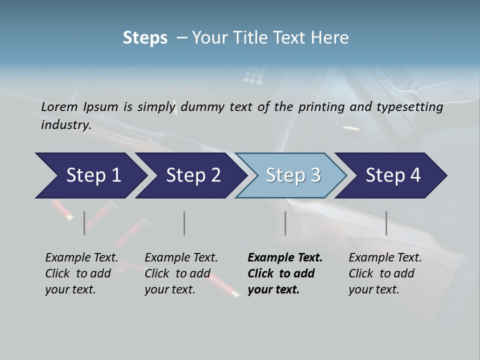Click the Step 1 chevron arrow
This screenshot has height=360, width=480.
coord(90,175)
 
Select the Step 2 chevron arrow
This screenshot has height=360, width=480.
coord(190,175)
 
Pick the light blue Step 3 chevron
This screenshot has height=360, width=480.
coord(290,175)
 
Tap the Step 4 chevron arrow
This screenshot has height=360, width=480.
coord(390,175)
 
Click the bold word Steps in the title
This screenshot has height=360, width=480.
coord(145,38)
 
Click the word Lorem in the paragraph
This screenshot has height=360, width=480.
coord(59,106)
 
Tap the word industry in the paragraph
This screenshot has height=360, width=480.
coord(66,124)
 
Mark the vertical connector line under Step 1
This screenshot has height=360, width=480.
coord(84,223)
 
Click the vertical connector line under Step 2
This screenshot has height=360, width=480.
coord(184,223)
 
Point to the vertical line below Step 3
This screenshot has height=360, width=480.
coord(285,223)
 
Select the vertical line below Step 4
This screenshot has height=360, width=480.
coord(386,223)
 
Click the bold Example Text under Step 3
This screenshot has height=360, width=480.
coord(285,258)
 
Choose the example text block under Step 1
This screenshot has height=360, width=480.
coord(81,273)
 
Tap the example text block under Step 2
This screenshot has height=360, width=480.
coord(181,273)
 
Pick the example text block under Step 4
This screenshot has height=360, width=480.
coord(385,273)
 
